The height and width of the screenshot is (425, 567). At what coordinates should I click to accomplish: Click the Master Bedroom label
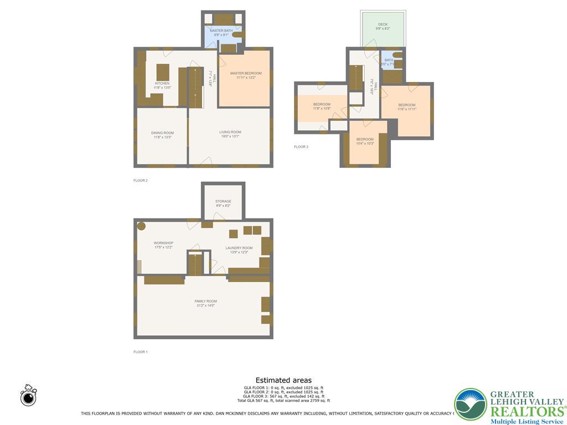245,73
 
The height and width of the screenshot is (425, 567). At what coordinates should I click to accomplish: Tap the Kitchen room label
162,83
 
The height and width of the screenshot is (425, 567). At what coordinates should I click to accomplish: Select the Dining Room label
162,133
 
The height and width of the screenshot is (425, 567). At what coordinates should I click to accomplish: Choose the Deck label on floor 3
383,24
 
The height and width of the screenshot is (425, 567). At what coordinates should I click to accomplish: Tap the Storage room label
223,201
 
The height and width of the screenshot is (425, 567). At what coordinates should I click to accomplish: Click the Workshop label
163,243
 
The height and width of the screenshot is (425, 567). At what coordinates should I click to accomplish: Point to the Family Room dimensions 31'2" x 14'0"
205,305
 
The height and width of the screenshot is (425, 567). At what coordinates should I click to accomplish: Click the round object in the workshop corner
141,226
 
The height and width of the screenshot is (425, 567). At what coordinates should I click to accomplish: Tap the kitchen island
163,72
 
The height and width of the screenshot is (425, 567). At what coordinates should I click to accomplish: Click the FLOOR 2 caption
141,180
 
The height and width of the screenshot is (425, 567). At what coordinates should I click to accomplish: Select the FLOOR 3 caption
301,147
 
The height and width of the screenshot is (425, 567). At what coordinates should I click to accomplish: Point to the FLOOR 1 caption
141,352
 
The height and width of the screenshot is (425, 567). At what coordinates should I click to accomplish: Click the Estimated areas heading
283,380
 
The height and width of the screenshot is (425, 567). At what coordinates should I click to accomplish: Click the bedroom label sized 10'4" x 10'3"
365,139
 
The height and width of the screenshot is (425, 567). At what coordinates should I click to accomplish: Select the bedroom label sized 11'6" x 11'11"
406,105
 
